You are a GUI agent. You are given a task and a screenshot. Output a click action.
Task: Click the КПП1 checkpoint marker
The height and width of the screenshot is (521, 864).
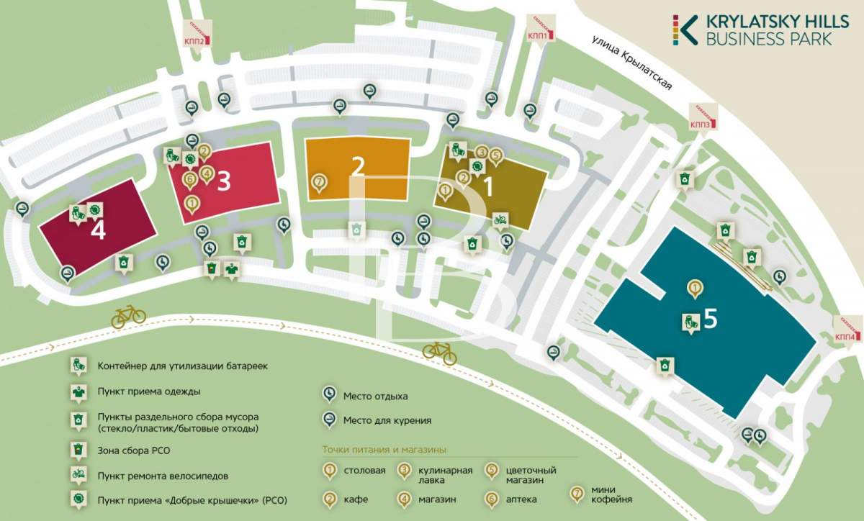click(x=541, y=30)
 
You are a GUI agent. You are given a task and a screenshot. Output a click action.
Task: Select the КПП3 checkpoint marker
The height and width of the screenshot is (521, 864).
click(x=703, y=117)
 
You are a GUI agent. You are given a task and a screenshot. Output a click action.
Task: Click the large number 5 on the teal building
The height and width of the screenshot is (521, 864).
click(x=711, y=319)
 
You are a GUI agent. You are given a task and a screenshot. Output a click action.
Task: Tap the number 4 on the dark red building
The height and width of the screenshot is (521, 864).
click(x=98, y=231)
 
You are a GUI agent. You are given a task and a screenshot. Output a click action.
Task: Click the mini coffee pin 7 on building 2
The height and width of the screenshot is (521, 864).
click(x=319, y=183)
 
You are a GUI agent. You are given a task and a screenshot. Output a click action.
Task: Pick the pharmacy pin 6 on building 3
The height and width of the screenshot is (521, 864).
click(x=189, y=180)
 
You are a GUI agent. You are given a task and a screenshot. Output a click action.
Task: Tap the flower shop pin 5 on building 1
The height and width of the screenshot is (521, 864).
click(x=496, y=157)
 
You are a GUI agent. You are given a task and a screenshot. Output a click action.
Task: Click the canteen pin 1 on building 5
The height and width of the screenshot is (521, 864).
click(x=695, y=289)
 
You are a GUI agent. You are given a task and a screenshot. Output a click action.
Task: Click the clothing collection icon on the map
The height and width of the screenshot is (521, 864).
click(x=231, y=269)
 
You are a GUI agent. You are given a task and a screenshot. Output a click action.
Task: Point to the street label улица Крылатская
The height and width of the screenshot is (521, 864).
click(x=633, y=63)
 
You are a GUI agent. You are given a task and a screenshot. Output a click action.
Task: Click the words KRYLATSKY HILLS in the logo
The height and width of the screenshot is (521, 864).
click(x=778, y=22)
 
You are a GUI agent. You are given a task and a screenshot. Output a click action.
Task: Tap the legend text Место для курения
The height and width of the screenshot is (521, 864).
click(x=387, y=420)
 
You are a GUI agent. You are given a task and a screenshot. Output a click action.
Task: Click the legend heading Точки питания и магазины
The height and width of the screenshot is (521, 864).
click(x=384, y=450)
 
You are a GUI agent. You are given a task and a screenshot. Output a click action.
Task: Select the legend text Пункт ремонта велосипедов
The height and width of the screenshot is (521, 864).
click(x=163, y=476)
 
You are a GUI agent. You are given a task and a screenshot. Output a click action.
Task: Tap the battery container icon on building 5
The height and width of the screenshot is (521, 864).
click(x=690, y=323)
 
